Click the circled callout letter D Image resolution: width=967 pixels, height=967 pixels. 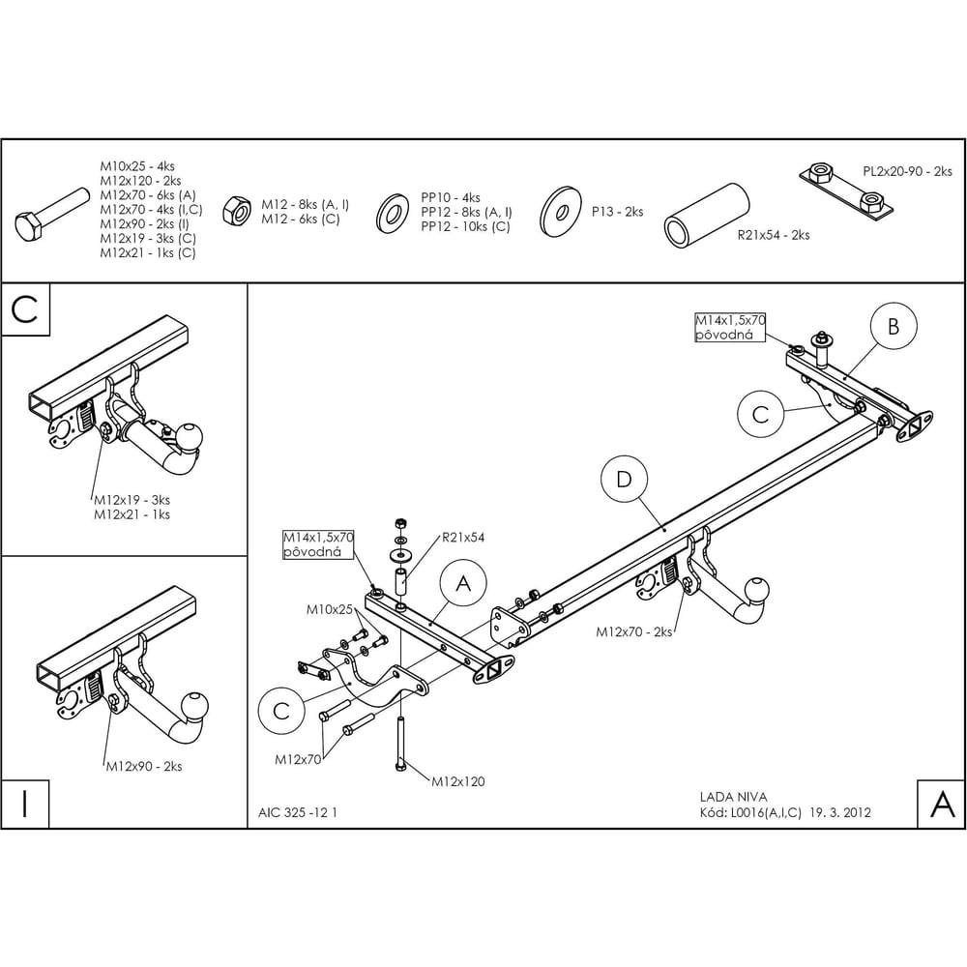[624, 480]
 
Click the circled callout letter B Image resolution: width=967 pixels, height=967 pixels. [894, 326]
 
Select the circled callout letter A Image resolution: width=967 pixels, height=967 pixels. [463, 583]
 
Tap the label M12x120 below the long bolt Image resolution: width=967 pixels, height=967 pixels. [458, 782]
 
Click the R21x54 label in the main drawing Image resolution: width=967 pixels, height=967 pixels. [463, 538]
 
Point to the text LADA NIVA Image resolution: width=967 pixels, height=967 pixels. [733, 798]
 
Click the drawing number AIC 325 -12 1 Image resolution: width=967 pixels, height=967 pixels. [297, 813]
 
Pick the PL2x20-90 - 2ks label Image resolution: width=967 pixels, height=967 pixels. [907, 171]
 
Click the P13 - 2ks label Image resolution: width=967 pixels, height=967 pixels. [617, 212]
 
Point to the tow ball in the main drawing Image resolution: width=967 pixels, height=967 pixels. [757, 590]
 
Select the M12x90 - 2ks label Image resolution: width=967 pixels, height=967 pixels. [144, 767]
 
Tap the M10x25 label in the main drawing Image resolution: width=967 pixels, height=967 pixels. [330, 610]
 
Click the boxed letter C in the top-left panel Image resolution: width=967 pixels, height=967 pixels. [25, 309]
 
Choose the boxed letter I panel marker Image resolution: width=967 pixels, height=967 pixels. [25, 805]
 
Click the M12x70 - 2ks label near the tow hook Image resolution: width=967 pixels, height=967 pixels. [633, 632]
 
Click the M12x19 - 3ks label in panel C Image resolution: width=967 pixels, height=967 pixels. [132, 500]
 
